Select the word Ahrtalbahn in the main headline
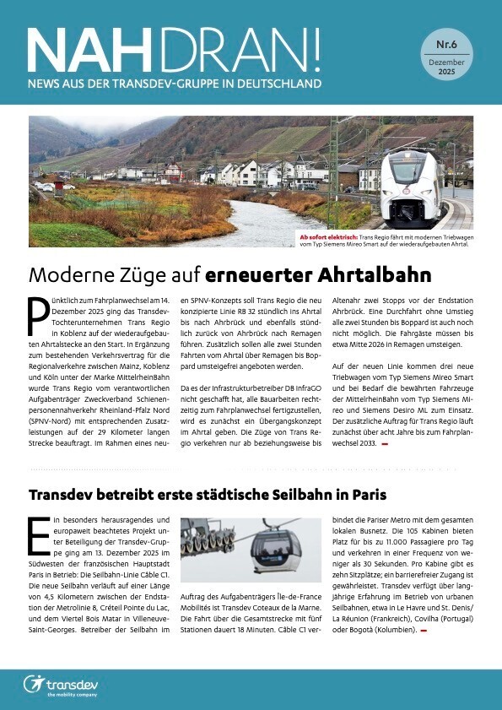pos(360,275)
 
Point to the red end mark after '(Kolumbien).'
pos(424,630)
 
